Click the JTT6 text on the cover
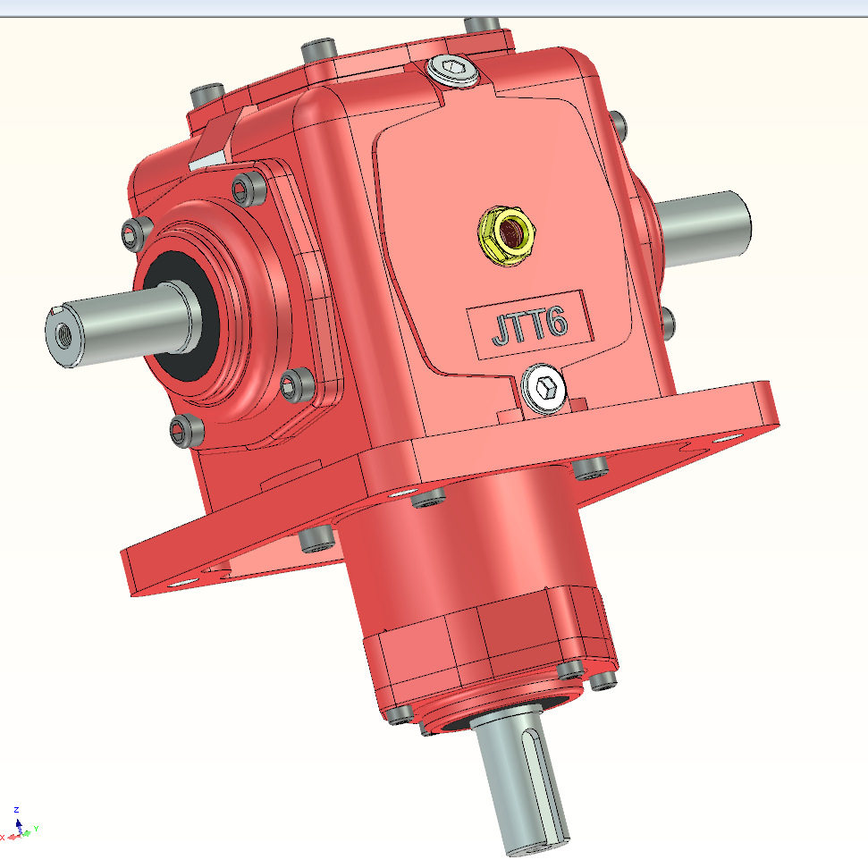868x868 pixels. click(x=528, y=324)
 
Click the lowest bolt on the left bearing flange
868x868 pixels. click(x=186, y=430)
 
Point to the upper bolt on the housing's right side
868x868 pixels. click(x=616, y=122)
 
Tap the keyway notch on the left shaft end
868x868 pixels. click(x=53, y=312)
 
